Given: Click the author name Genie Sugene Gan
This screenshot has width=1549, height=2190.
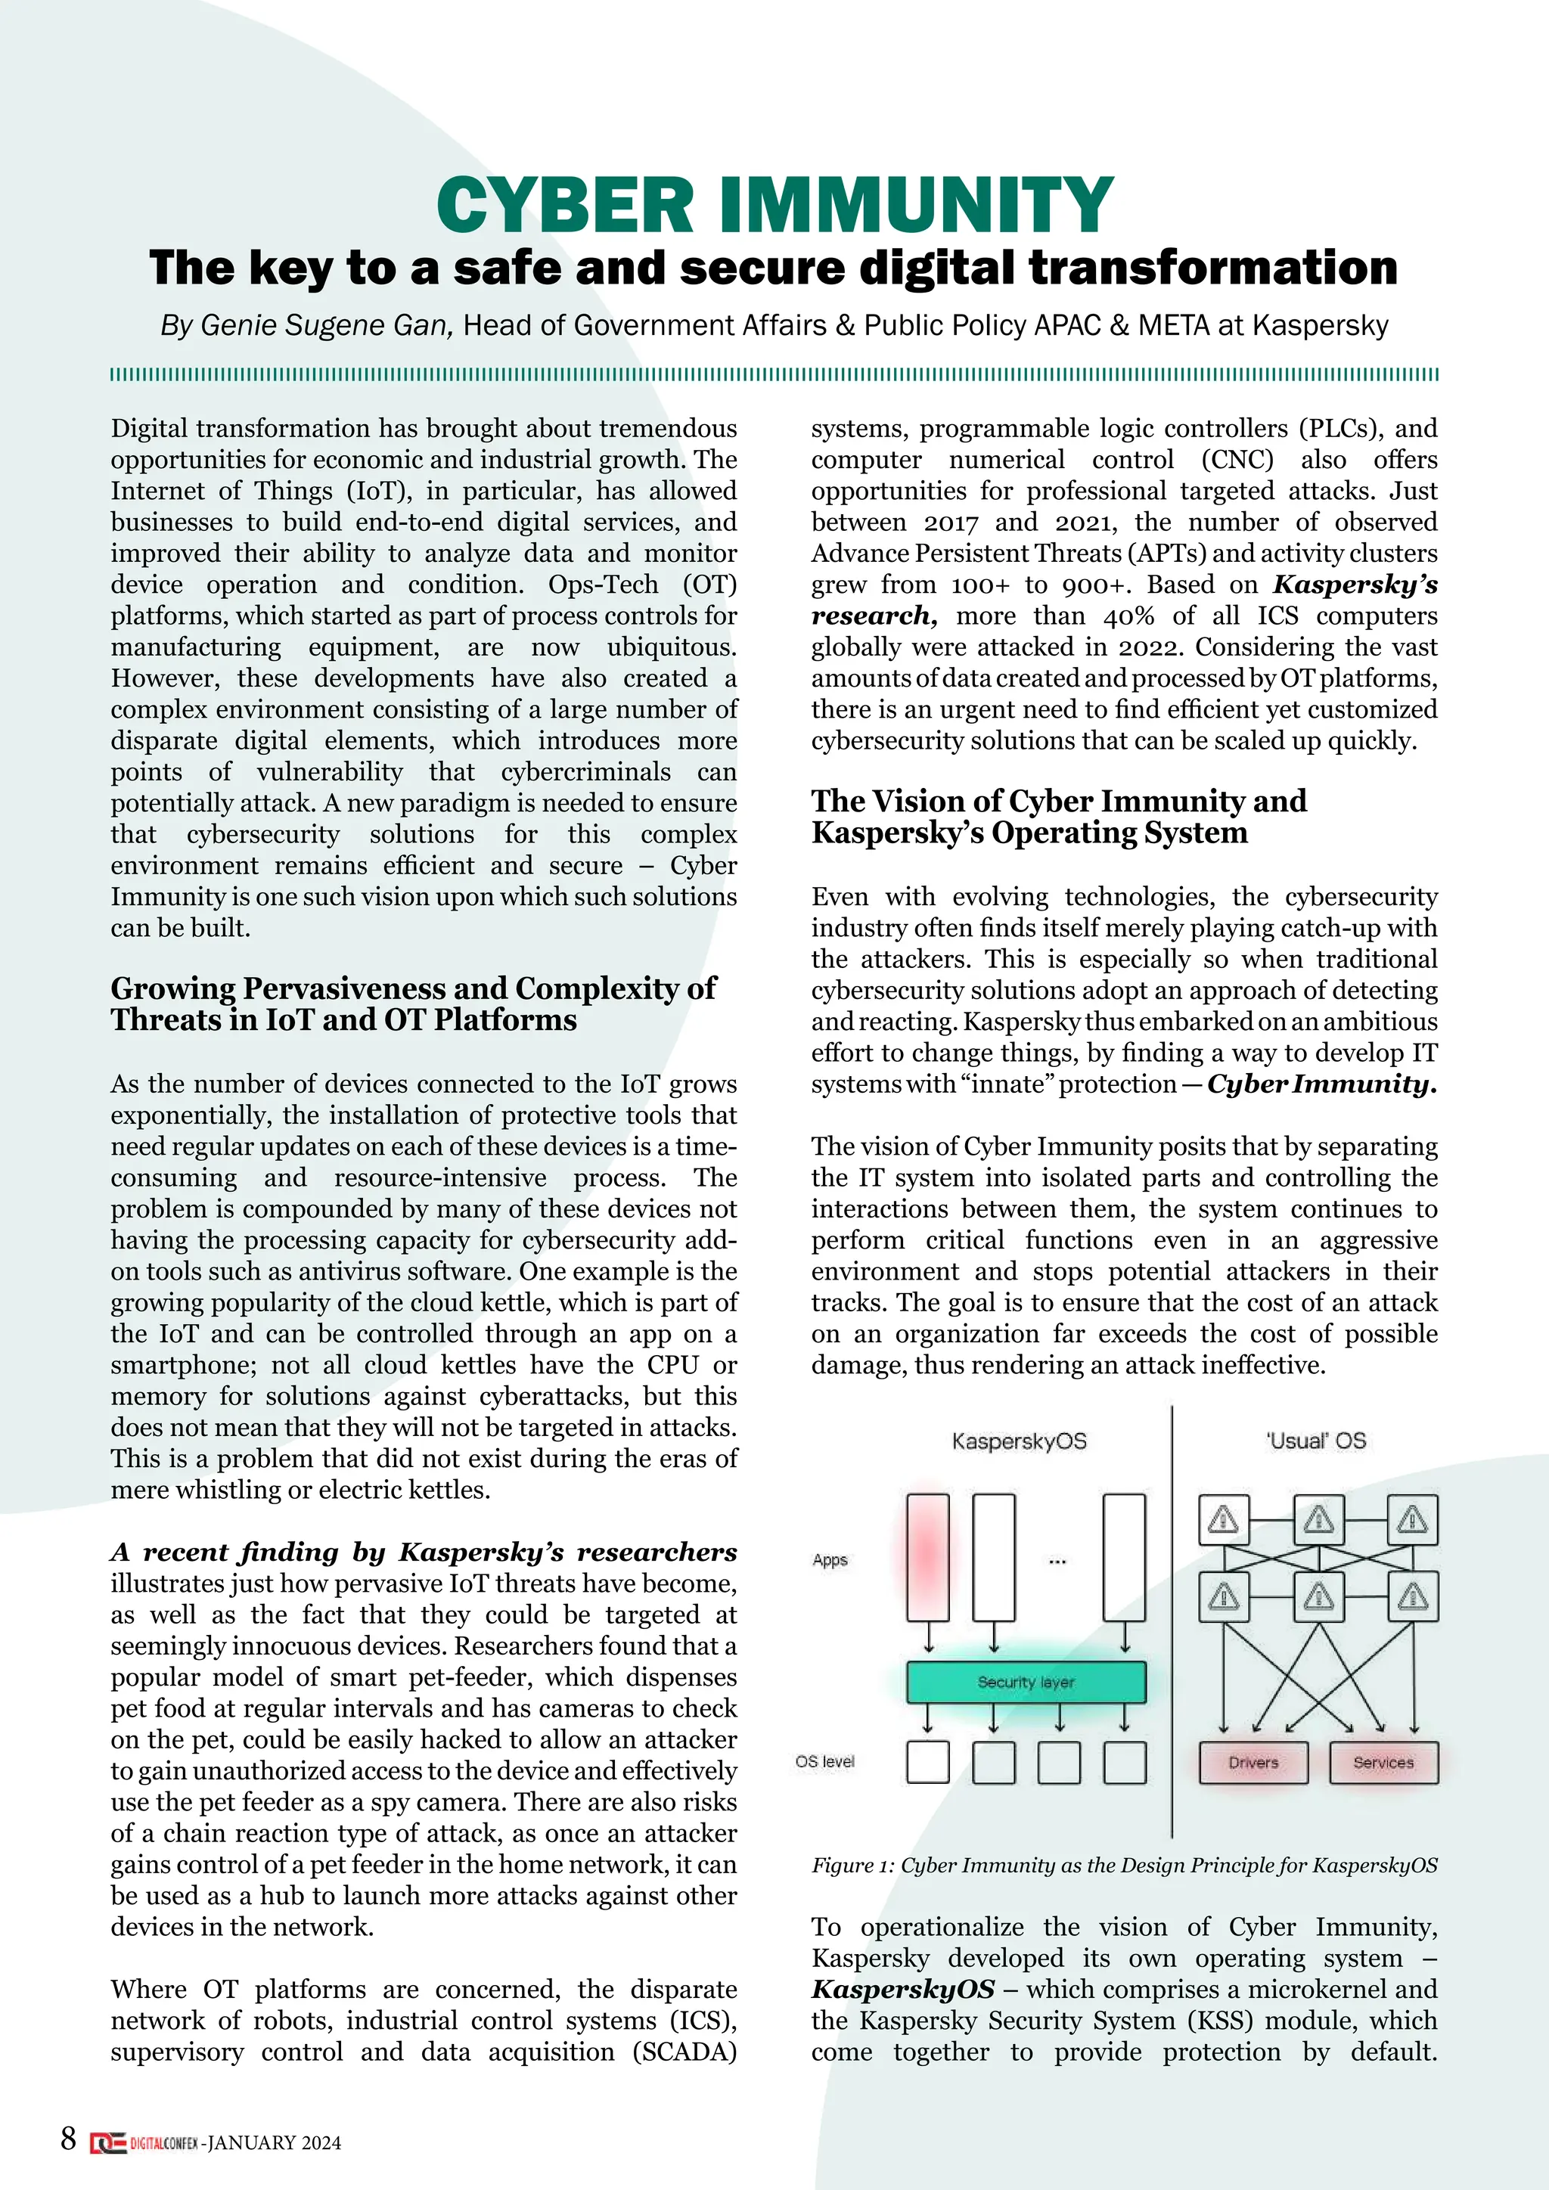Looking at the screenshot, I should click(324, 325).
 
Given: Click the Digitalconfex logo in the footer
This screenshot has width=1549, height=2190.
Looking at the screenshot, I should click(144, 2142).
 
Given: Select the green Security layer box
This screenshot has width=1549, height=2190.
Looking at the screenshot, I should click(1026, 1682).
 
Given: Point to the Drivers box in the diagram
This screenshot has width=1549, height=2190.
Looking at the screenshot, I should click(1253, 1762).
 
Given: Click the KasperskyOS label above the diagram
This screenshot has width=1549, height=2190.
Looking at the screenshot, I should click(1019, 1441).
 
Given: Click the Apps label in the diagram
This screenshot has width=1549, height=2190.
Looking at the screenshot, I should click(830, 1559).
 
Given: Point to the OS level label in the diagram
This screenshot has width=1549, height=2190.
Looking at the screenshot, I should click(825, 1760).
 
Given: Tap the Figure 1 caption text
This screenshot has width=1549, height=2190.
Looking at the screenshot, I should click(1124, 1865).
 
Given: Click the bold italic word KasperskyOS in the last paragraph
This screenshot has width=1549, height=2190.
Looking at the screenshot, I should click(902, 1989).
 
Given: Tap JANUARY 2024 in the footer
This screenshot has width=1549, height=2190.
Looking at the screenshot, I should click(274, 2143).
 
